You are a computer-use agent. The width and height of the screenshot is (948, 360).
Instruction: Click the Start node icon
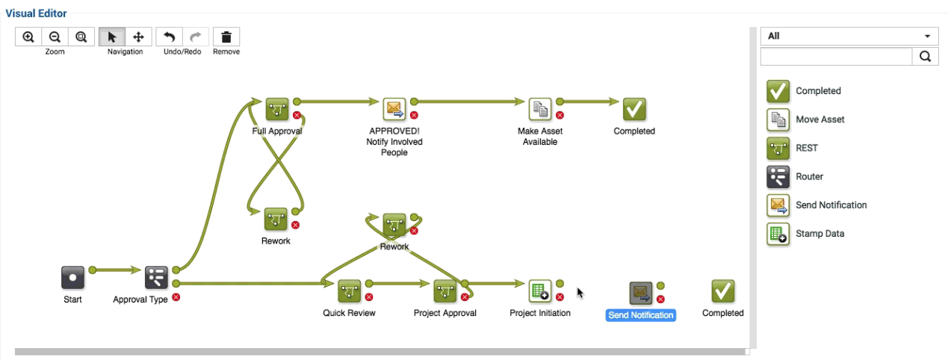tap(72, 278)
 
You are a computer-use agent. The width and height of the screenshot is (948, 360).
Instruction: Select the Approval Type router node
tap(156, 278)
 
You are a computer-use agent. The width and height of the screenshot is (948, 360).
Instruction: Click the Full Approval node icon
tap(277, 109)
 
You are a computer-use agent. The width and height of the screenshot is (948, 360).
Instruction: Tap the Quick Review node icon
tap(350, 291)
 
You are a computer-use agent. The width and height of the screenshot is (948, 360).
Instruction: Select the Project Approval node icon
tap(445, 291)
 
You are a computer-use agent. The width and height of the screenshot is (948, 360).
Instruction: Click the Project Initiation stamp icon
tap(539, 291)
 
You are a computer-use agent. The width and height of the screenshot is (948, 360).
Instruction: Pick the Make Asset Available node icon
tap(540, 109)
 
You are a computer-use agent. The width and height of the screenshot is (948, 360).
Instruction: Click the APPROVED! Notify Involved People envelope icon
tap(394, 109)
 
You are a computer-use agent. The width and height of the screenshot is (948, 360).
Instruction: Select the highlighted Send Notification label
tap(641, 315)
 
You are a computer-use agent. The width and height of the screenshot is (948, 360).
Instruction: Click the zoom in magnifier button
tap(28, 37)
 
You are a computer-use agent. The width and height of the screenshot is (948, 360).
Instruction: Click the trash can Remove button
tap(226, 37)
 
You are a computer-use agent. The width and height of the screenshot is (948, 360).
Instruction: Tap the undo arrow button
tap(170, 37)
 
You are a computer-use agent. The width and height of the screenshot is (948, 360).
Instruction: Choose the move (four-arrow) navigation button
tap(138, 37)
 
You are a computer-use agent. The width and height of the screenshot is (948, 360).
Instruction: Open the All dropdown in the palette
tap(849, 36)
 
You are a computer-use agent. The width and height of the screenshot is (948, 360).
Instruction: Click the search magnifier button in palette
tap(925, 56)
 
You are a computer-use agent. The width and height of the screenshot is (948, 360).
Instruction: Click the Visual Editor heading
tap(36, 13)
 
